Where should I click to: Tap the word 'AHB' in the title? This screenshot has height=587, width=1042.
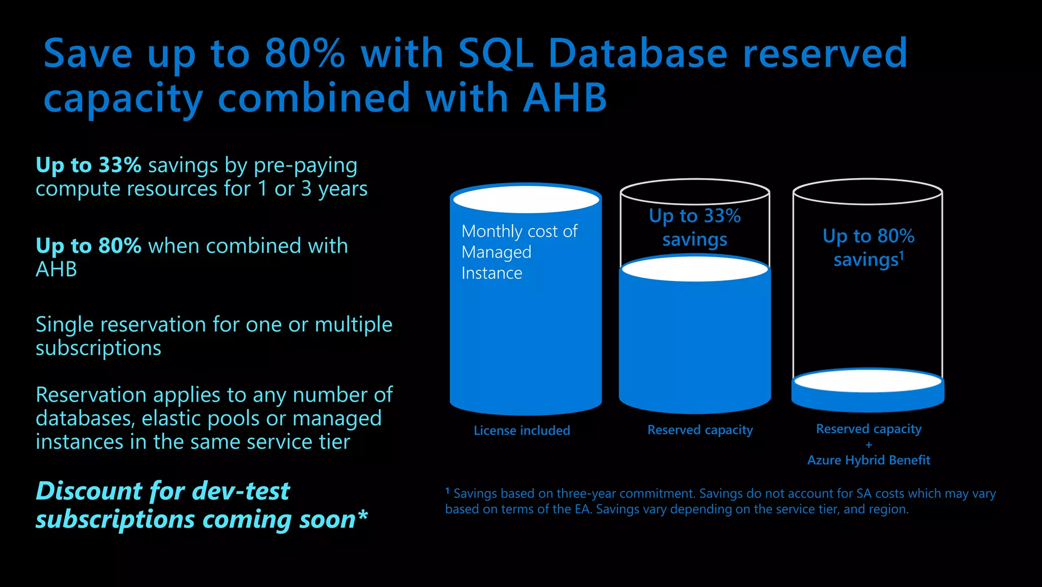(x=565, y=98)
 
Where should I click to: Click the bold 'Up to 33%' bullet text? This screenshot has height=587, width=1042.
(x=89, y=165)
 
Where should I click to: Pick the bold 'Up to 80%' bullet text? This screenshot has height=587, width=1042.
(x=89, y=246)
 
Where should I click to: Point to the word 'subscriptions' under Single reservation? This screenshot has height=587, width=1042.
(x=98, y=349)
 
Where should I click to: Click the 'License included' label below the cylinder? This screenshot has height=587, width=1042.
(x=522, y=431)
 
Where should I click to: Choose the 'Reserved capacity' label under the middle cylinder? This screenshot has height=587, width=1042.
(x=700, y=430)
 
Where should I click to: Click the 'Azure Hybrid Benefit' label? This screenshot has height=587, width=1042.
(x=869, y=460)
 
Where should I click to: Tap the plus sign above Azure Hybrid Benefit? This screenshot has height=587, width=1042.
(x=869, y=445)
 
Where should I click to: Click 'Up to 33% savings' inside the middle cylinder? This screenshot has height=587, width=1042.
(x=694, y=228)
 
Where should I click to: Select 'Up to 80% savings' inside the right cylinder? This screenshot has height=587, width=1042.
(x=868, y=248)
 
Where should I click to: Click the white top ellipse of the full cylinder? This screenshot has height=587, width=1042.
(x=526, y=199)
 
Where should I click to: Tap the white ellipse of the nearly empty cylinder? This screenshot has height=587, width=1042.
(x=867, y=381)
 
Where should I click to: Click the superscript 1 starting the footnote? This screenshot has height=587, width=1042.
(x=447, y=491)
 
